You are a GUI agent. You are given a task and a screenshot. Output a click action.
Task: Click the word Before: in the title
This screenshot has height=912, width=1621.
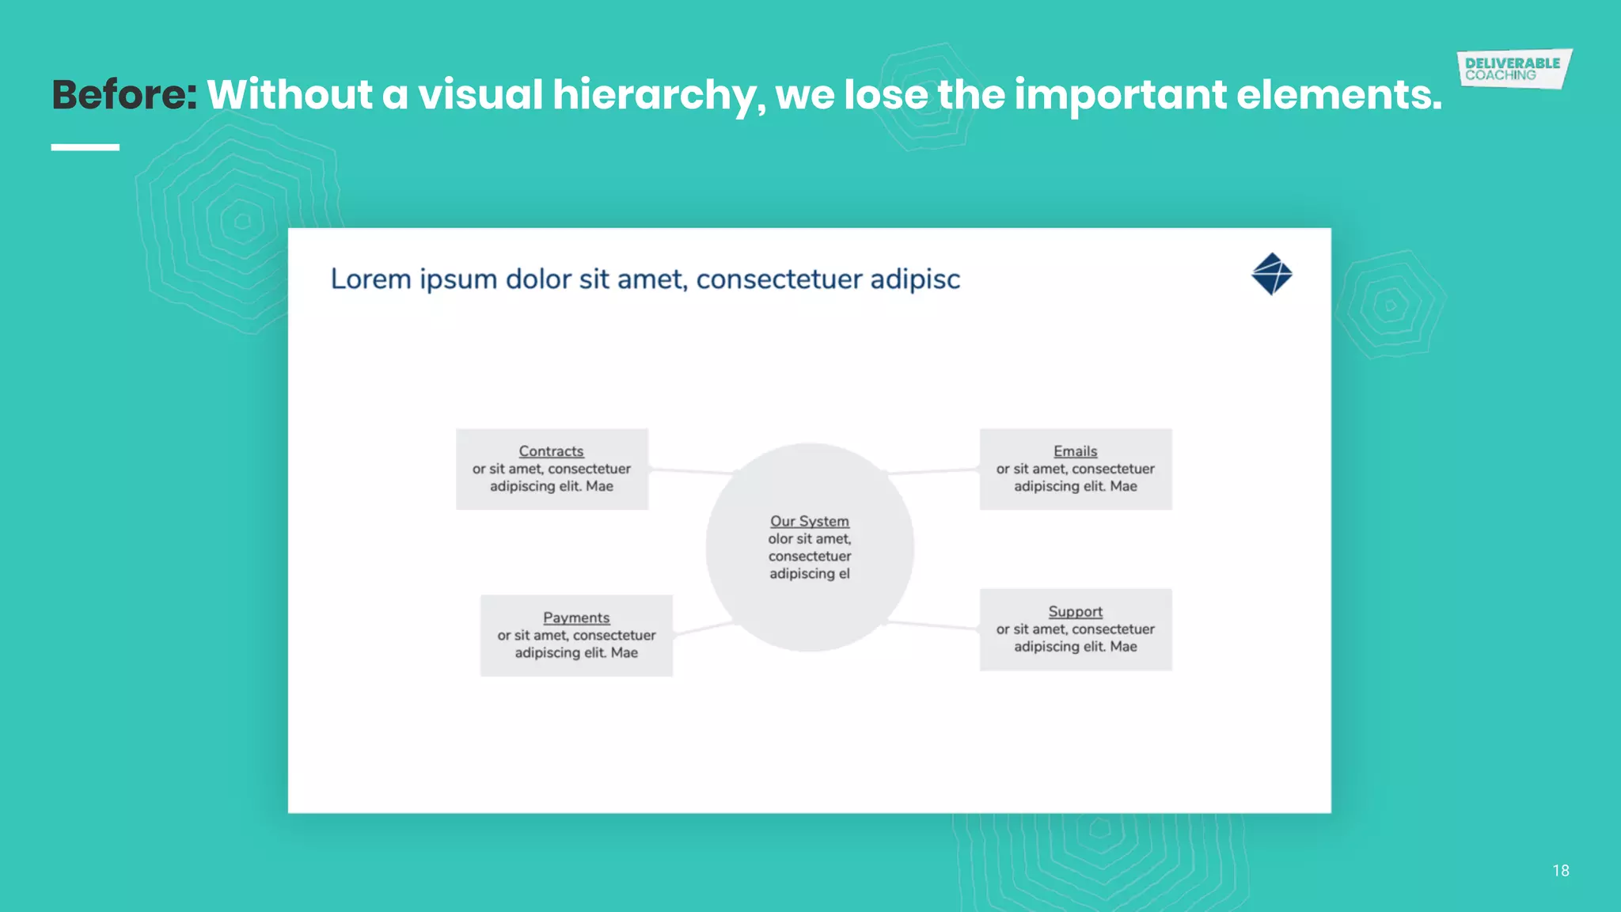124,95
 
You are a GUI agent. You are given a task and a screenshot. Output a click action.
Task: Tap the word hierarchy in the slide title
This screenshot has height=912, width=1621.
659,95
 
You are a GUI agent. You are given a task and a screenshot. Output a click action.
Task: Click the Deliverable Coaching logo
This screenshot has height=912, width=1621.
1513,69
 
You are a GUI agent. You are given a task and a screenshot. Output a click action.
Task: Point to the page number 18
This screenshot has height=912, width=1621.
1560,871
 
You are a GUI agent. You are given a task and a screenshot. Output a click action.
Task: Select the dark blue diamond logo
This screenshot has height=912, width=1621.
1271,274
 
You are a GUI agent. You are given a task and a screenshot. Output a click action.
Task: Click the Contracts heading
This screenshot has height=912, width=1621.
551,451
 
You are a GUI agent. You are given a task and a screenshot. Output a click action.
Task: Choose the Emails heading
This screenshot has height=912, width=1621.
1075,451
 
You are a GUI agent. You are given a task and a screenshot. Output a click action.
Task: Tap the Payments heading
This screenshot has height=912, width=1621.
576,617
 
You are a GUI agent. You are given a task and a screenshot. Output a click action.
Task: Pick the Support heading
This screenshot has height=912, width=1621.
1075,612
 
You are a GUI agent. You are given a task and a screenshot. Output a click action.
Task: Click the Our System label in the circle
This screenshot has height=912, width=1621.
809,522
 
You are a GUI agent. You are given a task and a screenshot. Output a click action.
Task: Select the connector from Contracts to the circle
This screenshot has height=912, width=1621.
690,470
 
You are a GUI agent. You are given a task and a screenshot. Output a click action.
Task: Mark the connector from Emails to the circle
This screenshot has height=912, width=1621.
934,472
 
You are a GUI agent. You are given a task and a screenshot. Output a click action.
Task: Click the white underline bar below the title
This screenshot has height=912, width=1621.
85,147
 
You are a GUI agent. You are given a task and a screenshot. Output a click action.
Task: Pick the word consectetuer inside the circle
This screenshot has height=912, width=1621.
809,557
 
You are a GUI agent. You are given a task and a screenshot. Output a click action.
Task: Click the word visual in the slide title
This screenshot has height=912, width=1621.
480,95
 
